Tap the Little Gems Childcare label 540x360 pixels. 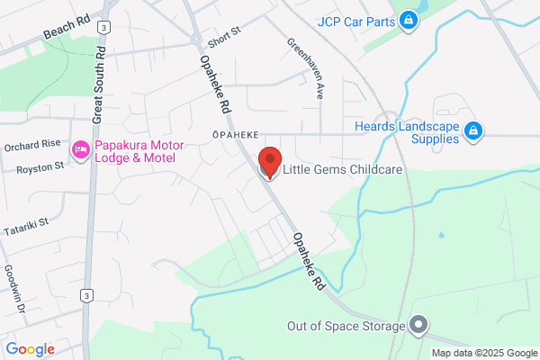pyautogui.click(x=341, y=169)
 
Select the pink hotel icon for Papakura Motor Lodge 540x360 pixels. pyautogui.click(x=80, y=148)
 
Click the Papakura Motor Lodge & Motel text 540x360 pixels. pyautogui.click(x=139, y=153)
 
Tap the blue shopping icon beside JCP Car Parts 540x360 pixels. pyautogui.click(x=409, y=19)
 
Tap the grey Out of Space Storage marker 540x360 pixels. pyautogui.click(x=418, y=324)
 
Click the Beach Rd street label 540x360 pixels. pyautogui.click(x=68, y=29)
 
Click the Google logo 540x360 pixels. pyautogui.click(x=30, y=349)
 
